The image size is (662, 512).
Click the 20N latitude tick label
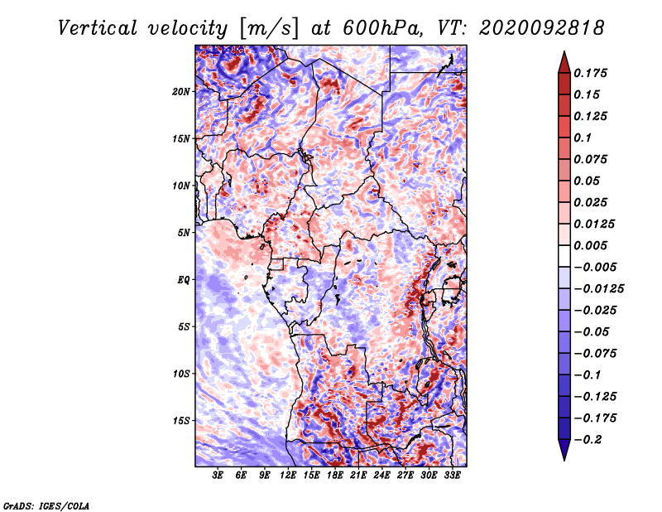click(181, 92)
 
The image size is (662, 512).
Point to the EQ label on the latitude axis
click(183, 280)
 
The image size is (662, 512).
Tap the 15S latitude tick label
click(181, 421)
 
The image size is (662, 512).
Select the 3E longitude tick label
click(218, 476)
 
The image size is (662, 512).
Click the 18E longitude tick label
click(335, 476)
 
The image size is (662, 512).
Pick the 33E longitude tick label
click(452, 476)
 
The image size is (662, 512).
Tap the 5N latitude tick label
click(184, 233)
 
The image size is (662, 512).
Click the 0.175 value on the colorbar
click(590, 73)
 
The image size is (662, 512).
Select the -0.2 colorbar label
click(588, 440)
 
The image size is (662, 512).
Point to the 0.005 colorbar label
click(590, 245)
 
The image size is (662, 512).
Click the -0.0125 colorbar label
click(598, 289)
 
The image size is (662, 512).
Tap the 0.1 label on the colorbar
click(583, 138)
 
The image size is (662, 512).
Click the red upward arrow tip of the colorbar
click(564, 52)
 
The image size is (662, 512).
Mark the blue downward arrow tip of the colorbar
click(564, 459)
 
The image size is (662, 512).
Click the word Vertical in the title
click(98, 28)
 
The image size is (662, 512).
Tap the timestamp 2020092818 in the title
click(542, 28)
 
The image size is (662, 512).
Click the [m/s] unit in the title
click(269, 29)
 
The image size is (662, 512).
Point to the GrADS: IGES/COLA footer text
click(46, 505)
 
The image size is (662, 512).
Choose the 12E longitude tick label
click(288, 476)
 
